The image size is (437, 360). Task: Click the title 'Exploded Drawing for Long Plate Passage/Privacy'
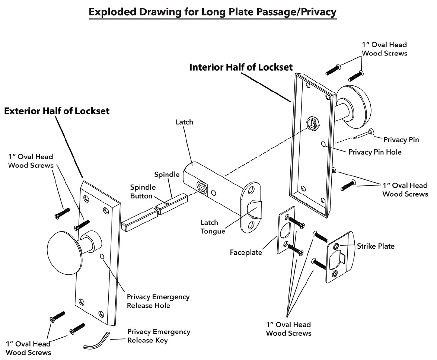coord(213,12)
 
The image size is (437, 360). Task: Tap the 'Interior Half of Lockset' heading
coord(241,67)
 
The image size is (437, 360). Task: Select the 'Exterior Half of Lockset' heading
coord(57,111)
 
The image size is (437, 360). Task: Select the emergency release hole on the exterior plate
coord(102,257)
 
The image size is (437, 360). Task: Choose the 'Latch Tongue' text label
coord(213,227)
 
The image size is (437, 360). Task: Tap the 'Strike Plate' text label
coord(376,246)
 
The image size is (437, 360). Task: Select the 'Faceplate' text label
coord(246,252)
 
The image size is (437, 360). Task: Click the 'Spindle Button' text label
coord(143,191)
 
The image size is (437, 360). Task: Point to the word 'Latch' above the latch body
coord(184,122)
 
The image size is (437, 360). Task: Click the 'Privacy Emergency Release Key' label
coord(159,336)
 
